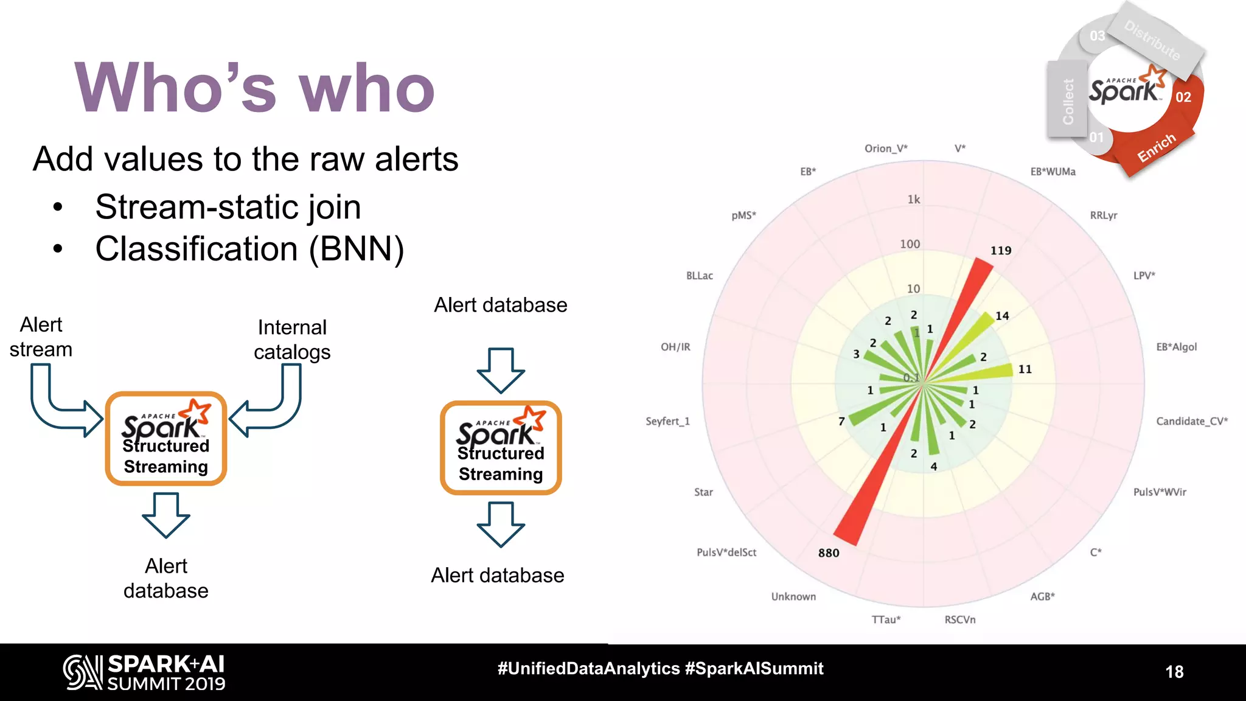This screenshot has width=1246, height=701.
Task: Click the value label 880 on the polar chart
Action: [x=829, y=553]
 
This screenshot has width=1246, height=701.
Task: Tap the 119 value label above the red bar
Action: [x=1001, y=250]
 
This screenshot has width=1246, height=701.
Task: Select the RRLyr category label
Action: [x=1103, y=215]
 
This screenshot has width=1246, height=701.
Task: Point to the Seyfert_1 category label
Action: [x=667, y=421]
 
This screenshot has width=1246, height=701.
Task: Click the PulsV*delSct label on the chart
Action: [x=726, y=553]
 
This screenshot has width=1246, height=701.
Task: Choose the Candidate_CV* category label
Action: [x=1192, y=421]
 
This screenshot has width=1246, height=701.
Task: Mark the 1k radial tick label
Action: [x=914, y=200]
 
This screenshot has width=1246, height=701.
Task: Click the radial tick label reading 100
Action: [x=910, y=244]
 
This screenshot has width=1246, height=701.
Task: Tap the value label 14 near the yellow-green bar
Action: [x=1002, y=316]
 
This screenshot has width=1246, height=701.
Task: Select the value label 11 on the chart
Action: [x=1025, y=369]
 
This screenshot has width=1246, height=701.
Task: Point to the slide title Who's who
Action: [x=254, y=88]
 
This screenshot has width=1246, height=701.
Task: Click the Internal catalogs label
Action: [x=292, y=340]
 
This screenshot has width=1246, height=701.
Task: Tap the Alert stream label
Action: [x=41, y=337]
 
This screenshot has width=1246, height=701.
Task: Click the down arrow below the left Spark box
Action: [x=165, y=515]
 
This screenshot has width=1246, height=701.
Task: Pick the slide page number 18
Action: [x=1174, y=672]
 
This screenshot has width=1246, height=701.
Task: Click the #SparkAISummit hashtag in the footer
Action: [x=754, y=669]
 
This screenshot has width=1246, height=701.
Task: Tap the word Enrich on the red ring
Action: [x=1156, y=148]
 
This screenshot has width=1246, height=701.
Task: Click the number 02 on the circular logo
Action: [x=1183, y=97]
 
